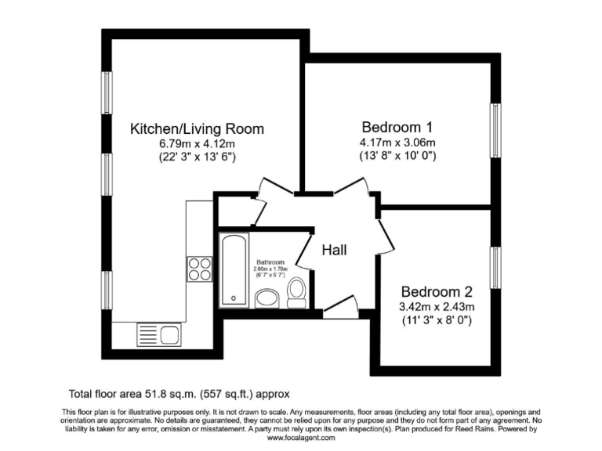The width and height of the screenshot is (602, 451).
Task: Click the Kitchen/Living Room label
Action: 197,129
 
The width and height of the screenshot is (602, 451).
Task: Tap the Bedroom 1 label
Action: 397,127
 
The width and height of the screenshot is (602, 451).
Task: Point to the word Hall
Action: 335,250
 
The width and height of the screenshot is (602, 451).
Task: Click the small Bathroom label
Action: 270,262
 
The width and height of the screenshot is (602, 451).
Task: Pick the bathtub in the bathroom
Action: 233,270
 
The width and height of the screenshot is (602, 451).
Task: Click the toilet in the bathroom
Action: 297,294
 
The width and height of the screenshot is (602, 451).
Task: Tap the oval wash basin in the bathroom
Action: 268,298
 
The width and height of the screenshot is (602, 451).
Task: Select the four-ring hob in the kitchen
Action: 199,269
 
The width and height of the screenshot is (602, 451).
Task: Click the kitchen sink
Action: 159,334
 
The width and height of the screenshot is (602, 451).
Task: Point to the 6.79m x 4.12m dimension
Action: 197,144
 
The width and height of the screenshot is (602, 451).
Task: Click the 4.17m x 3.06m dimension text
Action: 397,143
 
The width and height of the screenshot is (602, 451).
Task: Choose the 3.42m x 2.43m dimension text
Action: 437,305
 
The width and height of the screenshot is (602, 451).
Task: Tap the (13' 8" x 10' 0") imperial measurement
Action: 397,156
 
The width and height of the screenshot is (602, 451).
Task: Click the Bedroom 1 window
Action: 495,130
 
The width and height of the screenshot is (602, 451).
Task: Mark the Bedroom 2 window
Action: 495,266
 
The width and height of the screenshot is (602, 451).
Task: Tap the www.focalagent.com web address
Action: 301,438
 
